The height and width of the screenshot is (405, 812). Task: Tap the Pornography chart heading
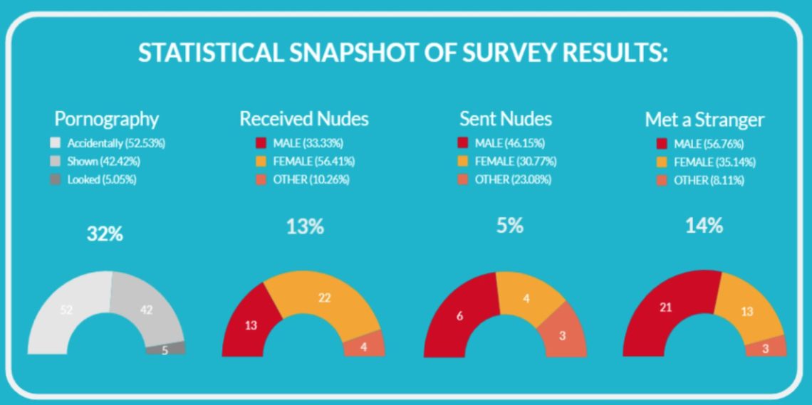tap(107, 119)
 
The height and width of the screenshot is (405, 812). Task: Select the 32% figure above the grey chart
tap(105, 233)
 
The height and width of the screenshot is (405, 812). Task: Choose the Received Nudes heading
tap(304, 118)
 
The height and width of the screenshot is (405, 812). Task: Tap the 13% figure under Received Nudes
tap(305, 228)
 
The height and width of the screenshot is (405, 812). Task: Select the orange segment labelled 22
tap(325, 298)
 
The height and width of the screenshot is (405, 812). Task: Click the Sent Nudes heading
tap(506, 118)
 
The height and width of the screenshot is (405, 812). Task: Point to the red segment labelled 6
tap(460, 315)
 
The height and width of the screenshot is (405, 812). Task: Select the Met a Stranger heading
tap(704, 120)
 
